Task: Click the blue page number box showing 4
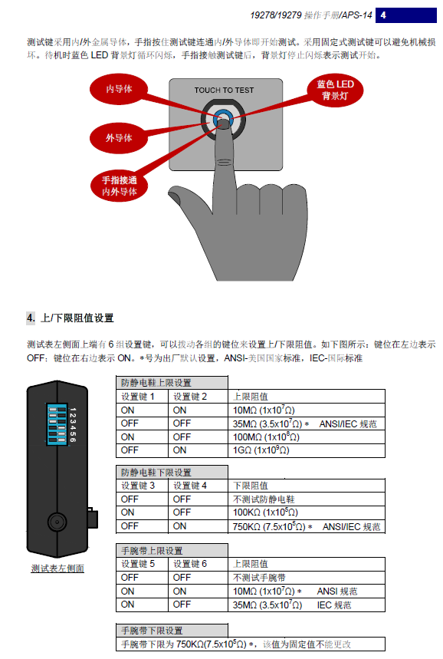point(405,15)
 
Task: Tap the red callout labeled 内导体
point(119,89)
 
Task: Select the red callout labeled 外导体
point(119,138)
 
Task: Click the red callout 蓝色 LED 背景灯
point(335,90)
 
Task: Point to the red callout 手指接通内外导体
point(120,186)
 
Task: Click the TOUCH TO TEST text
point(224,91)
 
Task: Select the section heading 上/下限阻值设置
point(77,318)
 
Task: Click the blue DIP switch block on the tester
point(57,423)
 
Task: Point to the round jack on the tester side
point(57,522)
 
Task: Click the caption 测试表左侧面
point(57,568)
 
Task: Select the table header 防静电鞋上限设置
point(156,383)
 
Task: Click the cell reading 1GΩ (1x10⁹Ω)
point(261,450)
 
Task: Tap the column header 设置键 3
point(138,486)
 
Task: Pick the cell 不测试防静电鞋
point(264,499)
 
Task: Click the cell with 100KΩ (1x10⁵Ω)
point(265,512)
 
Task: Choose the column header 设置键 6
point(190,564)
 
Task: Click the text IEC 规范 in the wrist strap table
point(334,605)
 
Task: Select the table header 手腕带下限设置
point(152,631)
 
